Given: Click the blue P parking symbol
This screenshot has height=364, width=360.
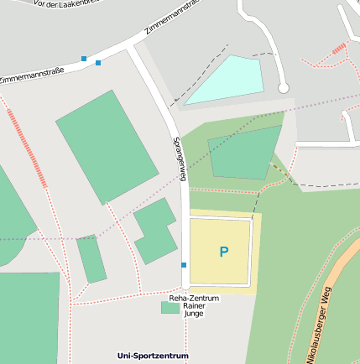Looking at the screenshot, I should [x=223, y=252].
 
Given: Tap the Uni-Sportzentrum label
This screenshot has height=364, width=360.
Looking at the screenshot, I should [x=153, y=356].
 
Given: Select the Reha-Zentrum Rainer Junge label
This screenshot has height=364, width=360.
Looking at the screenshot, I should [x=194, y=305].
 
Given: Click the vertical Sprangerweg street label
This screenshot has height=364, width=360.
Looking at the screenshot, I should [x=178, y=159].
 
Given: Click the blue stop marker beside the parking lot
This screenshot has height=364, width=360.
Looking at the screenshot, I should [x=184, y=265].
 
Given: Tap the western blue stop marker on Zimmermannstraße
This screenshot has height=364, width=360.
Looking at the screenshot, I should [x=84, y=59].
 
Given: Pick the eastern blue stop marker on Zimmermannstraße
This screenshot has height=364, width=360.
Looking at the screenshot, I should [x=98, y=63].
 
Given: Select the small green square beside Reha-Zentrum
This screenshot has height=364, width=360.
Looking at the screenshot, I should [x=170, y=308].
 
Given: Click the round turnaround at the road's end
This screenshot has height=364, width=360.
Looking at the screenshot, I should [x=284, y=87].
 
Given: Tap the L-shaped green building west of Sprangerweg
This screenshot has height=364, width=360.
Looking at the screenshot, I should [x=155, y=230].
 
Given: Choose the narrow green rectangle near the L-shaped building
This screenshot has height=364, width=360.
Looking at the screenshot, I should [x=91, y=259].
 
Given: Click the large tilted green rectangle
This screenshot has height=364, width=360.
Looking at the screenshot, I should [x=107, y=146].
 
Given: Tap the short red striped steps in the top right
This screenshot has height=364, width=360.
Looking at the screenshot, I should [x=338, y=48].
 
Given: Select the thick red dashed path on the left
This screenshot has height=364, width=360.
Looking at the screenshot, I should [x=28, y=148].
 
